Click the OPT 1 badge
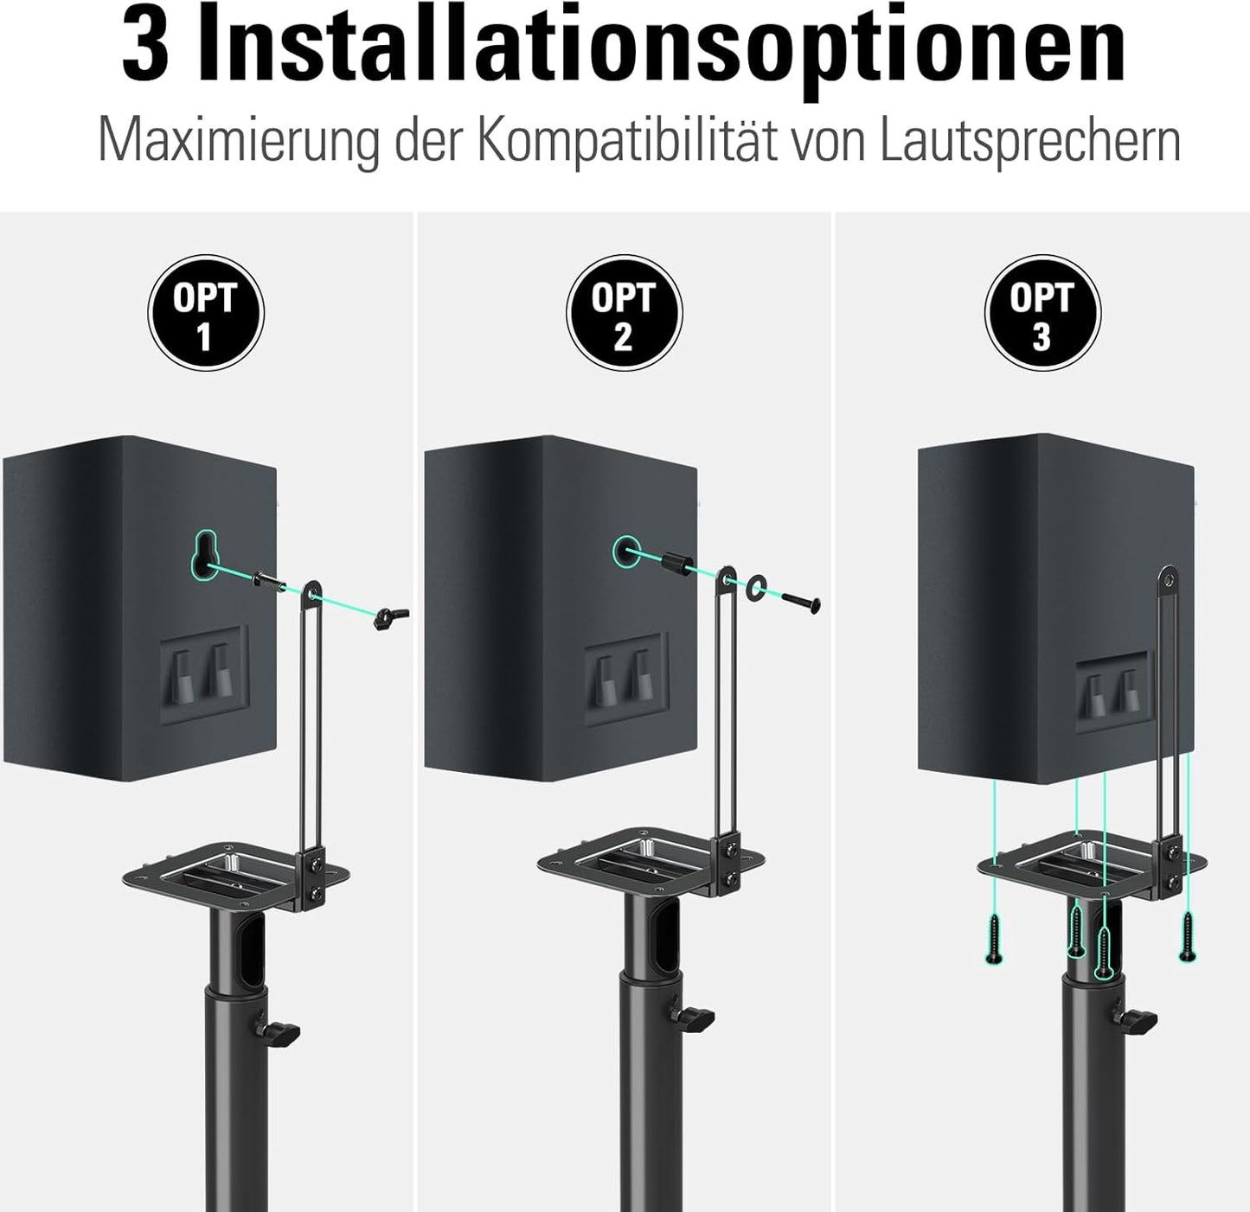click(x=205, y=313)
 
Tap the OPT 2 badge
click(x=624, y=313)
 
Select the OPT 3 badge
click(x=1042, y=313)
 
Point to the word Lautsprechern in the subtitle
click(x=1029, y=141)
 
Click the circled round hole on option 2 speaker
click(x=625, y=552)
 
